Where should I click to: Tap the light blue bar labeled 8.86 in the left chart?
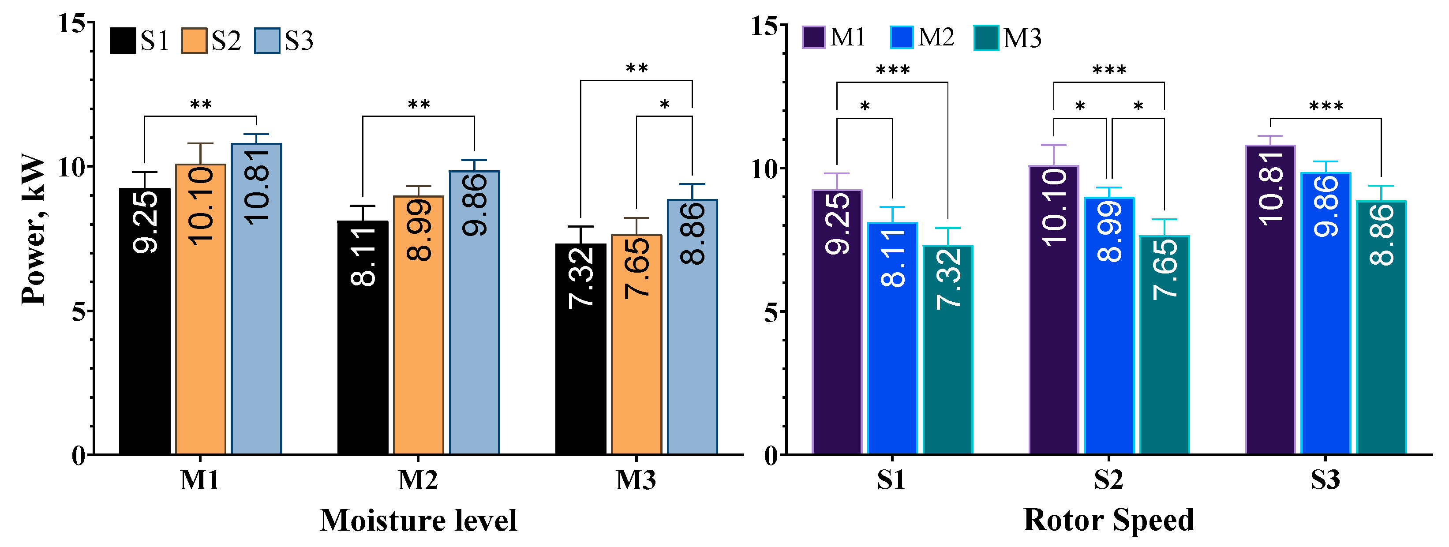(693, 337)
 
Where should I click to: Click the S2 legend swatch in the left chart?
(194, 41)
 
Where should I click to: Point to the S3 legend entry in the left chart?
(284, 41)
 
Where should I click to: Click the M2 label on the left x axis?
(418, 480)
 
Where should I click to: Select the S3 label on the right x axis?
(1325, 480)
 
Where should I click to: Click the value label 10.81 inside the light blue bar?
(257, 186)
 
